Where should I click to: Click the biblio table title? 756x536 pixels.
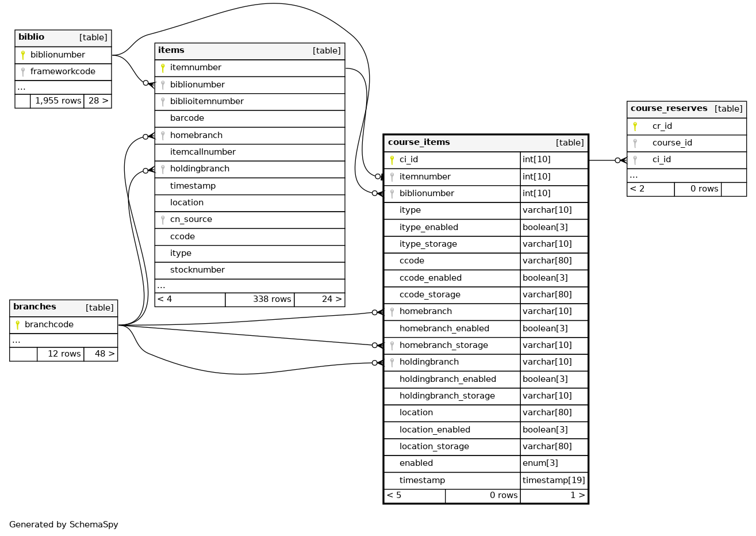coord(32,37)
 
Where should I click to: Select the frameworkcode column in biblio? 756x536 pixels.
coord(63,72)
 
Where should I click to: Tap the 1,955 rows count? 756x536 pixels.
coord(57,101)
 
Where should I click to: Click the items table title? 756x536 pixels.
coord(171,51)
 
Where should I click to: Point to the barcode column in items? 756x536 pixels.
coord(187,118)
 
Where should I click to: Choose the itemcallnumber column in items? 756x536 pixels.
coord(202,152)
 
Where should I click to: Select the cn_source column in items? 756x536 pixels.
coord(191,220)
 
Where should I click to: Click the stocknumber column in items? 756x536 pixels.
coord(197,270)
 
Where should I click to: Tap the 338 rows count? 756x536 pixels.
coord(271,300)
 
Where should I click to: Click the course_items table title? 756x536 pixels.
coord(419,143)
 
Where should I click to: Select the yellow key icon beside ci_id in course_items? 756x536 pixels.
coord(392,160)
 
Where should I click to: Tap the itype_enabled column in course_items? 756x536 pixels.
coord(429,228)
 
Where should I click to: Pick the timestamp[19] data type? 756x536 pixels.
coord(554,481)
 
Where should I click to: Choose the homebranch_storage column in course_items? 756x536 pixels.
coord(443,346)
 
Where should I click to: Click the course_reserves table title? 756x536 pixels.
coord(669,109)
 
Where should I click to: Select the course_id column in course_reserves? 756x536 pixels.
coord(672,143)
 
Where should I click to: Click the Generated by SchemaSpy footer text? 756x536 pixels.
coord(64,525)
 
